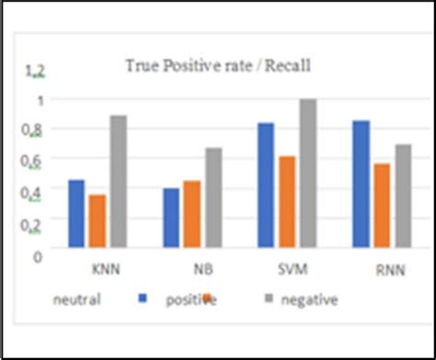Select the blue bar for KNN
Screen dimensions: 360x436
click(x=76, y=213)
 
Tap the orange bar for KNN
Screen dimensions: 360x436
click(x=97, y=220)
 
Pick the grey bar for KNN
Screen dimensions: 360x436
click(x=118, y=180)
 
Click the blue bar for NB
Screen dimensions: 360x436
click(x=171, y=217)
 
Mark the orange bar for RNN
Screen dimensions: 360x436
click(x=381, y=204)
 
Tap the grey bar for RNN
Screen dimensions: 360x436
click(x=402, y=195)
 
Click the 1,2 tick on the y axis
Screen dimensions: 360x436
click(x=34, y=70)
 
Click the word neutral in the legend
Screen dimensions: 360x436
click(x=76, y=298)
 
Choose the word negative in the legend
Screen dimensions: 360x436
click(x=311, y=299)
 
